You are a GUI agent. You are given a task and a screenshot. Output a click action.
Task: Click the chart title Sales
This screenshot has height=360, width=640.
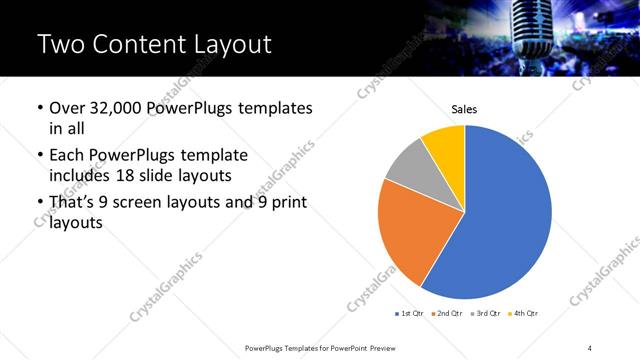click(x=464, y=107)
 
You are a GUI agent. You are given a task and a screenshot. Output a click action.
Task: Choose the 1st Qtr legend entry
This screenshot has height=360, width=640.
click(x=411, y=314)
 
